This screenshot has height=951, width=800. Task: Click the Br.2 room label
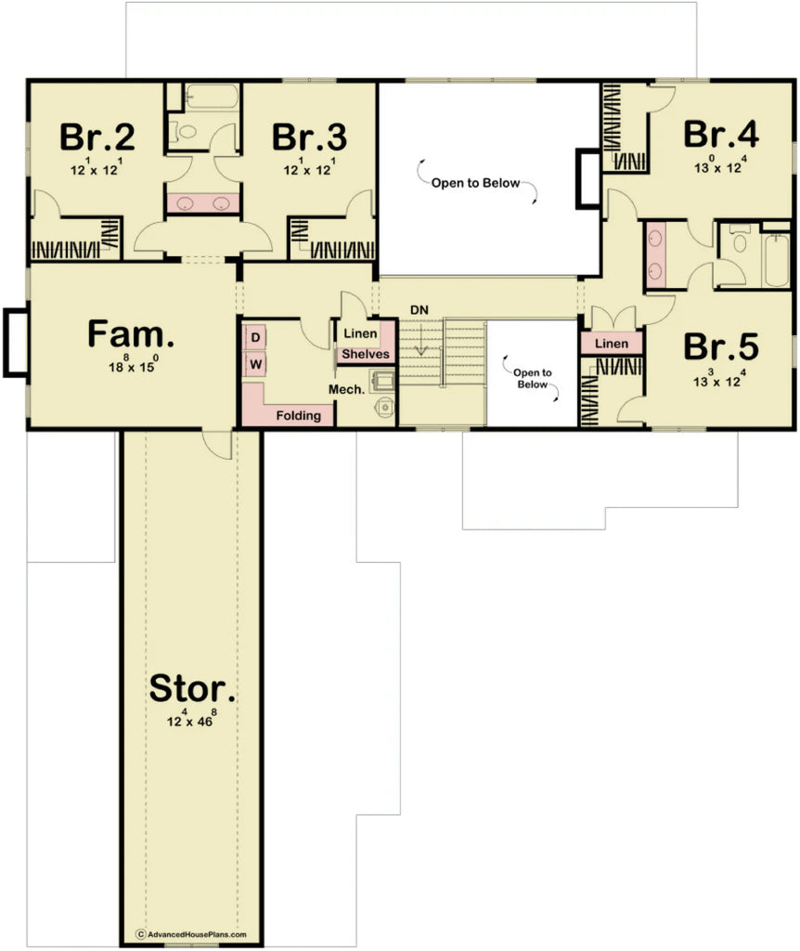coord(97,137)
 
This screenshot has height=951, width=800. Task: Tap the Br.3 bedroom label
coord(309,137)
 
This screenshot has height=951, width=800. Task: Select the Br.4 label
coord(721,134)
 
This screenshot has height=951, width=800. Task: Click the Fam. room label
coord(131,334)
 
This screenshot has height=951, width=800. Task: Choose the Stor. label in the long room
coord(192,689)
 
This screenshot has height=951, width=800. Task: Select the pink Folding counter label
coord(298,415)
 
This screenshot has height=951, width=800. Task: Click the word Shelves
coord(365,355)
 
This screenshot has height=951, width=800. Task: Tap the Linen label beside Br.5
coord(612,344)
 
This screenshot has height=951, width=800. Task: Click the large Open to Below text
coord(475,183)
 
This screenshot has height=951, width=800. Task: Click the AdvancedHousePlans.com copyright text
coord(191,934)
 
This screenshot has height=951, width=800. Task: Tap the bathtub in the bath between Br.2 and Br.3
coord(201,96)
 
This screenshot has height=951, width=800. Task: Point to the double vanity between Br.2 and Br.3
coord(202,203)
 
